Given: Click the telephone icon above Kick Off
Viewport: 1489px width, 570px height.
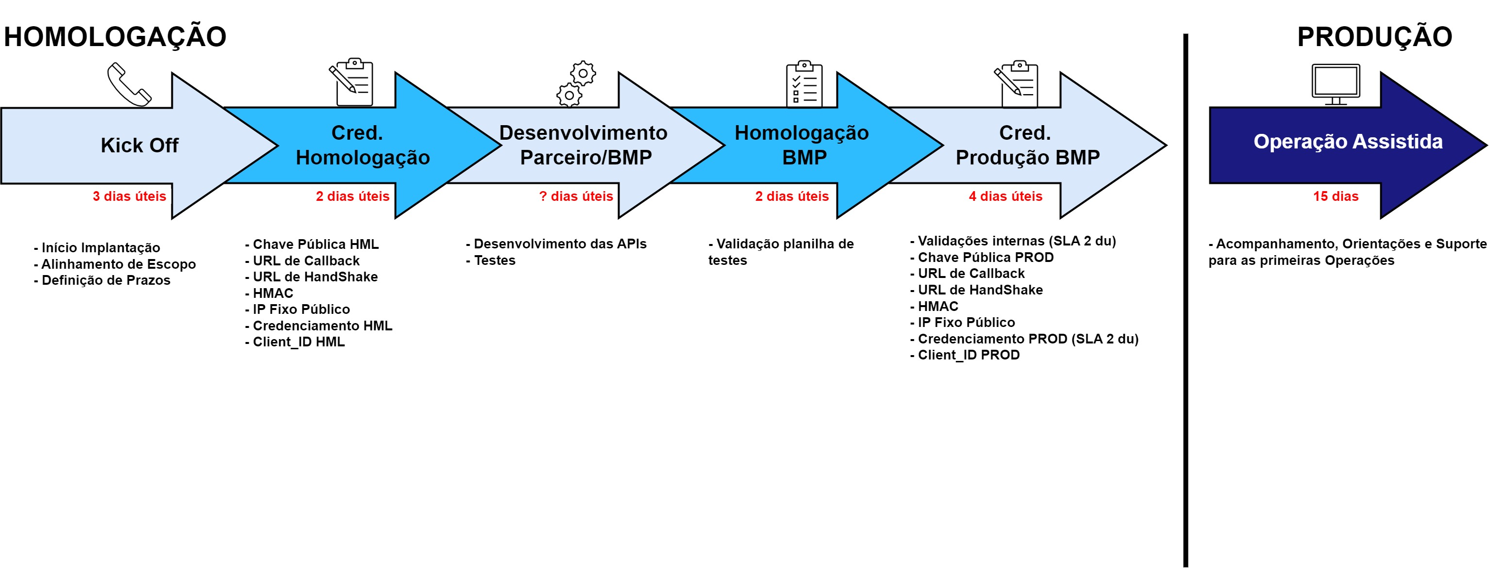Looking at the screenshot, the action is (130, 84).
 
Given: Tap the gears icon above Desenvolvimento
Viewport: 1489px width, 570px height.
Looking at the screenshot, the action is (576, 84).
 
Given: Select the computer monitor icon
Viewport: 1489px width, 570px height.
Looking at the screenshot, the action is (1335, 84).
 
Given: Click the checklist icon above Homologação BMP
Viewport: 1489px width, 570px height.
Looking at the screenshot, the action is (804, 84).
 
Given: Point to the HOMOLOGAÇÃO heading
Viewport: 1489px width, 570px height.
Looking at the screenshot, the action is (115, 36).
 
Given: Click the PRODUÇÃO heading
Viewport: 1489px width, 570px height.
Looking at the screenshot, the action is (1374, 36).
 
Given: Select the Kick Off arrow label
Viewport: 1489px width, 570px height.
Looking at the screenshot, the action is (139, 145).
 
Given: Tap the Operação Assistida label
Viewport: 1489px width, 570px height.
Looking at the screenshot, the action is (1348, 142).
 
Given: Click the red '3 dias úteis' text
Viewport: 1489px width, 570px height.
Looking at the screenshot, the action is (130, 196).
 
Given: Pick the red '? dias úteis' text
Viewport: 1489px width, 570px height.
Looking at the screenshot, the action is (576, 196).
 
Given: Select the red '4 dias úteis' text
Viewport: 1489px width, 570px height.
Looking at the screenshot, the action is (1006, 196).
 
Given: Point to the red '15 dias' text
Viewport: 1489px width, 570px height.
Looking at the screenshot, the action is (1336, 196).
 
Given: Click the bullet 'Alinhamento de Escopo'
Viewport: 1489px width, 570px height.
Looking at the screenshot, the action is (115, 264).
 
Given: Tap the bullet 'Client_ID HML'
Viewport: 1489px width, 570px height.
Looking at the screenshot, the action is (295, 342).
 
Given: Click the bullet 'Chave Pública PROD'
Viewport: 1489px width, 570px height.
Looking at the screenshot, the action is (982, 257).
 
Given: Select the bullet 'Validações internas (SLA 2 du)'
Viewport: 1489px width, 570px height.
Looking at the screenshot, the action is (1013, 241).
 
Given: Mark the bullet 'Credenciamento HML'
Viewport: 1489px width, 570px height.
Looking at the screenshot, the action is (318, 326).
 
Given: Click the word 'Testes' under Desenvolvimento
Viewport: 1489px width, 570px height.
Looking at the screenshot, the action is (495, 261).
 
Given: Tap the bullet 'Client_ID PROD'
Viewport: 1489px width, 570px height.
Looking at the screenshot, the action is (965, 355).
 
